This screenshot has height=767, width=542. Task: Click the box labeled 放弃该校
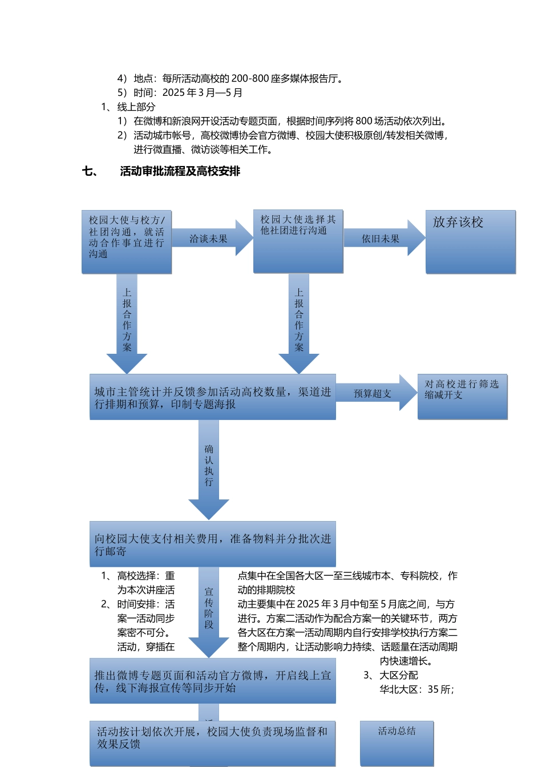pyautogui.click(x=470, y=241)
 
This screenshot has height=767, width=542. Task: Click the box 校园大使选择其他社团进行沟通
pyautogui.click(x=298, y=241)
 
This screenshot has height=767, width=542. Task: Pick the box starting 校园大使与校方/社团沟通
pyautogui.click(x=126, y=241)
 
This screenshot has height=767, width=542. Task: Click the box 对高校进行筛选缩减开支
pyautogui.click(x=462, y=397)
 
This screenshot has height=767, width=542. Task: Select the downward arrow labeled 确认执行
pyautogui.click(x=209, y=468)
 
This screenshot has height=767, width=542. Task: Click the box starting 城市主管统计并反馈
pyautogui.click(x=212, y=397)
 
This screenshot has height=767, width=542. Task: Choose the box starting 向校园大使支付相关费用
pyautogui.click(x=212, y=544)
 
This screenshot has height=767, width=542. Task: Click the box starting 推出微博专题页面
pyautogui.click(x=212, y=681)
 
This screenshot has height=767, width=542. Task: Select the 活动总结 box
pyautogui.click(x=397, y=742)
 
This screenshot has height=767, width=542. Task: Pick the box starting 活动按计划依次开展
pyautogui.click(x=212, y=742)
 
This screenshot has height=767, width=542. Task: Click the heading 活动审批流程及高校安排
pyautogui.click(x=180, y=171)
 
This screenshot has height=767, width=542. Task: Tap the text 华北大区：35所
pyautogui.click(x=416, y=689)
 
